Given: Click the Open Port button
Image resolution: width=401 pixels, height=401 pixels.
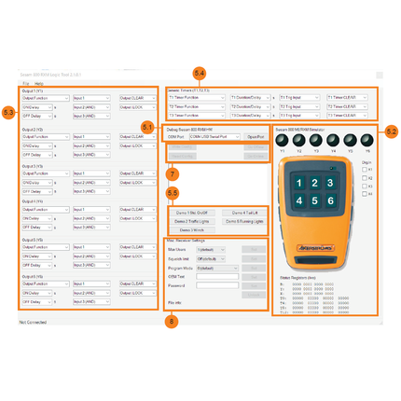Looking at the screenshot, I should coord(256,136).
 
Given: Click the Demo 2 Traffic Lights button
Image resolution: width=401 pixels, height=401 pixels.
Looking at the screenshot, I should coord(193,220).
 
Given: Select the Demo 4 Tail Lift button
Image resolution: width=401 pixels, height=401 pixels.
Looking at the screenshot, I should coord(244,212).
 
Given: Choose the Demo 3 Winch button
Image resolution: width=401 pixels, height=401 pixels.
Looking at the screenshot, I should coord(191,228).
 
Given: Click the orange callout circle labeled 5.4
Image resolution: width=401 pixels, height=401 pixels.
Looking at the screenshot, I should coord(199,72).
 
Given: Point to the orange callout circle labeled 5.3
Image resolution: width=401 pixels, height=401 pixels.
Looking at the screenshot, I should coord(8,112).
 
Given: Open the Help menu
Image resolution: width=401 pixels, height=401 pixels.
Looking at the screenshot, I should coord(39,83).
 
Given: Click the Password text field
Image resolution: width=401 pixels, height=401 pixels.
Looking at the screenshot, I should coord(217,285).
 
